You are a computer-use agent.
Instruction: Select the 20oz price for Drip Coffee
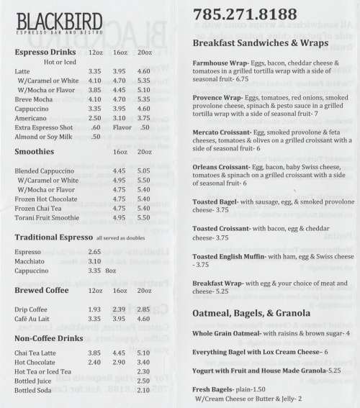(143, 308)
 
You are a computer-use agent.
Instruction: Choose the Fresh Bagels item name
(214, 389)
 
